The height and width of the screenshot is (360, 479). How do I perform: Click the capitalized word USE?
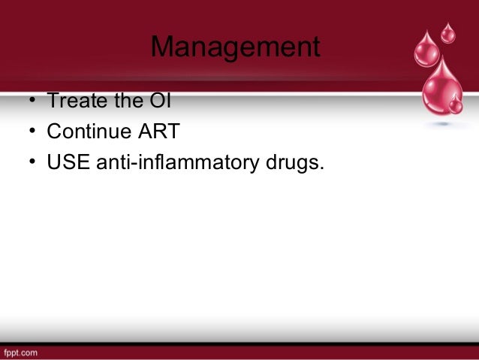tap(67, 162)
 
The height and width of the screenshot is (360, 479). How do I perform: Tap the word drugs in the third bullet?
tap(294, 162)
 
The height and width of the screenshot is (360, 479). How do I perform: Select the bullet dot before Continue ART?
tap(34, 132)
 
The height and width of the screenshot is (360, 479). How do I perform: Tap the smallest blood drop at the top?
tap(448, 33)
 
